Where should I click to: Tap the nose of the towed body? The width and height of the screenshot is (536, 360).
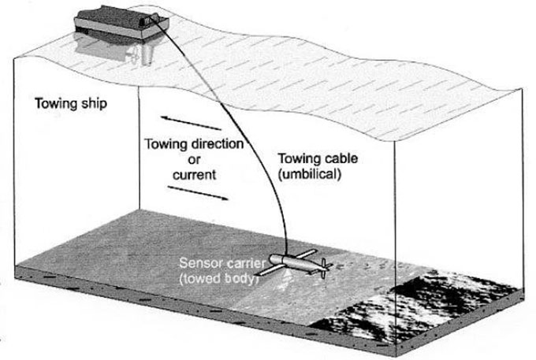(273, 258)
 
